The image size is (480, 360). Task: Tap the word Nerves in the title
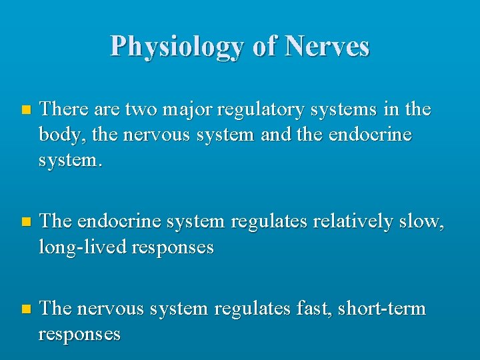coord(327,47)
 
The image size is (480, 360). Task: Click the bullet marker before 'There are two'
coord(25,109)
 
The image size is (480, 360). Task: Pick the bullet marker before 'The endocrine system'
coord(25,222)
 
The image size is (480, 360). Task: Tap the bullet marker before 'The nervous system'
coord(25,309)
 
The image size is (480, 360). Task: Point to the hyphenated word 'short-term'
coord(381,308)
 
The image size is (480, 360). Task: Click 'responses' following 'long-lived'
coord(173,247)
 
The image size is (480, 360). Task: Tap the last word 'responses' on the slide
coord(79,334)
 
